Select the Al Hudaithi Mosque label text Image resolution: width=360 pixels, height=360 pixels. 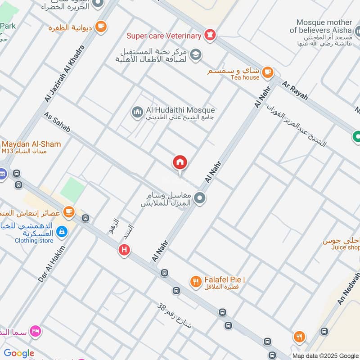pyautogui.click(x=180, y=110)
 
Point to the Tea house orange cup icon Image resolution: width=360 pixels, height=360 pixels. pyautogui.click(x=267, y=71)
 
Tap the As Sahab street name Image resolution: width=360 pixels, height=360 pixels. pyautogui.click(x=57, y=122)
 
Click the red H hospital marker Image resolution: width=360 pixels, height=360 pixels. pyautogui.click(x=124, y=249)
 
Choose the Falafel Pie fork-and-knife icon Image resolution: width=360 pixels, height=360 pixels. pyautogui.click(x=195, y=282)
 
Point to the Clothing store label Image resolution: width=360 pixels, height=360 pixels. pyautogui.click(x=34, y=240)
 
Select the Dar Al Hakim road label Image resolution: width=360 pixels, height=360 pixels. pyautogui.click(x=52, y=264)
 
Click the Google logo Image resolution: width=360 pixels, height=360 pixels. pyautogui.click(x=19, y=353)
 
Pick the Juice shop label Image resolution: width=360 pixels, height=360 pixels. pyautogui.click(x=346, y=247)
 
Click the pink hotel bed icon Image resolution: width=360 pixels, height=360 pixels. pyautogui.click(x=35, y=332)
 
